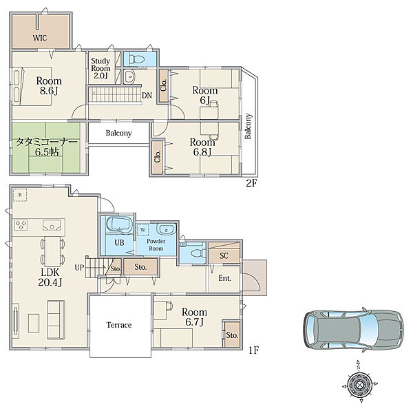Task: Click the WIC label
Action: point(40,38)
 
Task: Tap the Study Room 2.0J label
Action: point(100,68)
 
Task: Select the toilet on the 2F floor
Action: point(135,59)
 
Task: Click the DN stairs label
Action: point(147,96)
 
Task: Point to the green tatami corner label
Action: point(47,147)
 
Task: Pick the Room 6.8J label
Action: point(202,147)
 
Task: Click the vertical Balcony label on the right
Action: point(248,126)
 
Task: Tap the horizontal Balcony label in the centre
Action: point(118,134)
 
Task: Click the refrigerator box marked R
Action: point(20,195)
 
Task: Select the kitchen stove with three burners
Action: point(21,225)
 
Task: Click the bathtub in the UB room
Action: point(119,224)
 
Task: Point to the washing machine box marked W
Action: point(142,230)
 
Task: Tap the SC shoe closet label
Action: point(224,255)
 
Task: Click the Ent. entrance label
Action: point(224,278)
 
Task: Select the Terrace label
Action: point(119,325)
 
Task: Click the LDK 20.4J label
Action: point(50,277)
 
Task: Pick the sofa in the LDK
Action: point(56,320)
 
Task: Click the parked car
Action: point(354,329)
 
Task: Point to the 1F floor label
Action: point(253,350)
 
